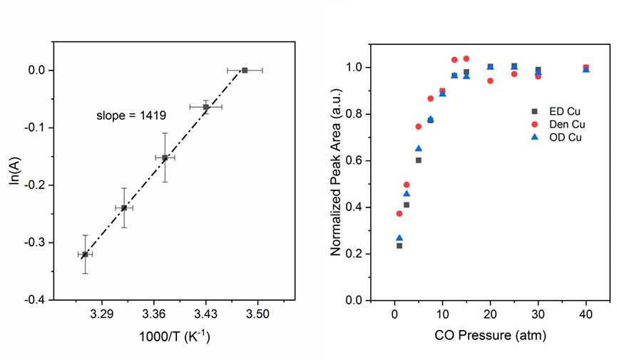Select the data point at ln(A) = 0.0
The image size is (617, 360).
point(245,70)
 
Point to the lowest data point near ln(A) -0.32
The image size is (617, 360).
point(85,254)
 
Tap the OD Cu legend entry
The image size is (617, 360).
point(556,138)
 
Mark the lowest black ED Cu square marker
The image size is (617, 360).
point(399,245)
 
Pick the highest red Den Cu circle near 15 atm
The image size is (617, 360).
point(466,58)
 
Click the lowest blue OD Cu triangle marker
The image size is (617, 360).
point(399,238)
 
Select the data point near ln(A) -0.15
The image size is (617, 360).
point(165,158)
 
